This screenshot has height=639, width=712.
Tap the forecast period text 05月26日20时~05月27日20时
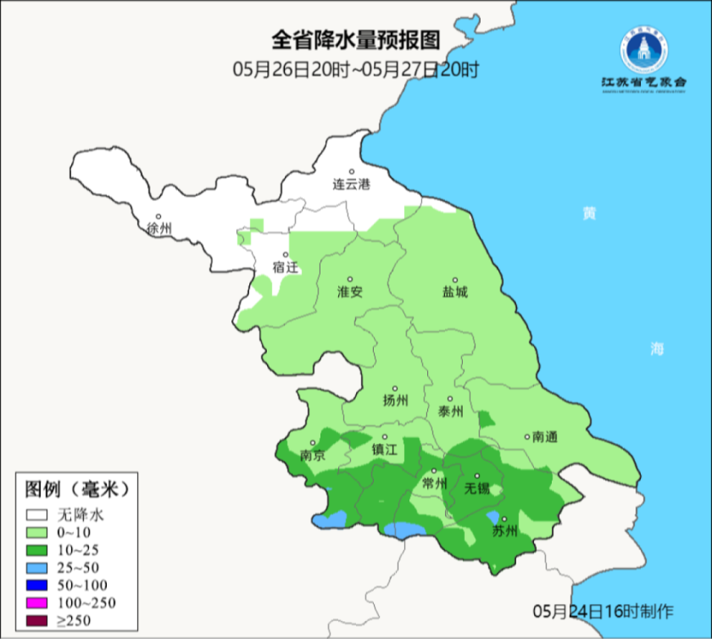pyautogui.click(x=355, y=70)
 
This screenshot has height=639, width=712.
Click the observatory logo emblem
pyautogui.click(x=644, y=50)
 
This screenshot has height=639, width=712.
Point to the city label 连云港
pyautogui.click(x=351, y=185)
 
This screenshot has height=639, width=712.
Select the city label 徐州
pyautogui.click(x=159, y=229)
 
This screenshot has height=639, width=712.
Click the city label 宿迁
pyautogui.click(x=285, y=267)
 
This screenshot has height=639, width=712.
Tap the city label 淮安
pyautogui.click(x=350, y=292)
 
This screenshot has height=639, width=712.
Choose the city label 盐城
pyautogui.click(x=455, y=292)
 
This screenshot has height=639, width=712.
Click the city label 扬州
pyautogui.click(x=395, y=401)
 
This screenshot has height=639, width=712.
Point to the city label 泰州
pyautogui.click(x=450, y=411)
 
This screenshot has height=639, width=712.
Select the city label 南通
pyautogui.click(x=544, y=437)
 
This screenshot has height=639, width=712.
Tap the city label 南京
pyautogui.click(x=312, y=455)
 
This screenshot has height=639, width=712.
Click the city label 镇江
pyautogui.click(x=385, y=450)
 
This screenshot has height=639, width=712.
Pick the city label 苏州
pyautogui.click(x=504, y=531)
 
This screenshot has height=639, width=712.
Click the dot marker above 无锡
pyautogui.click(x=478, y=476)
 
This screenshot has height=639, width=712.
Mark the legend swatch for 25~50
pyautogui.click(x=36, y=568)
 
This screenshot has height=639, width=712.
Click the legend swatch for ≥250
pyautogui.click(x=36, y=620)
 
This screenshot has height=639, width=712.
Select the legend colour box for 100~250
pyautogui.click(x=36, y=603)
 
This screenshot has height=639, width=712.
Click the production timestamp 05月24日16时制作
pyautogui.click(x=603, y=612)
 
